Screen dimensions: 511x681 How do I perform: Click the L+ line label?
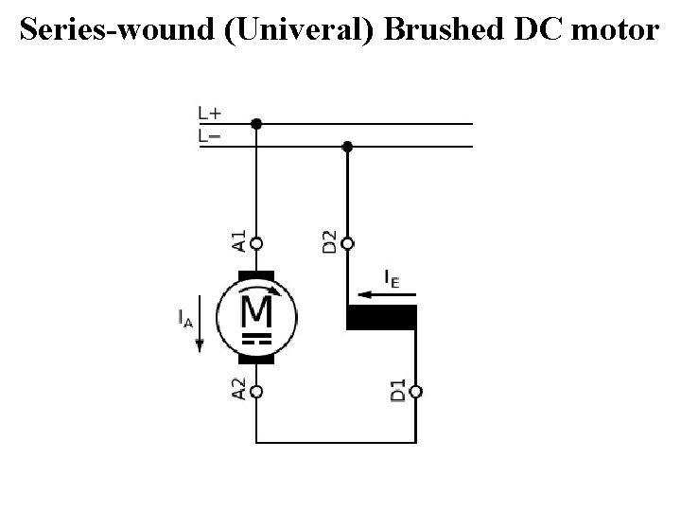coord(210,114)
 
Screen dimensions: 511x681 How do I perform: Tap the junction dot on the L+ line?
coord(255,123)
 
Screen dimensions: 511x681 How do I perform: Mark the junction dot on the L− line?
coord(347,147)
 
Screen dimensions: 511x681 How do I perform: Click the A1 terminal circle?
coord(255,242)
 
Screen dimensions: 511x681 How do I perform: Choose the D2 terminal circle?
coord(347,243)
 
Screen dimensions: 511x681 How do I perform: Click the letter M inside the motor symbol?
coord(256,309)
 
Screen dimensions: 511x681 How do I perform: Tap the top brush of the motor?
coord(255,275)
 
